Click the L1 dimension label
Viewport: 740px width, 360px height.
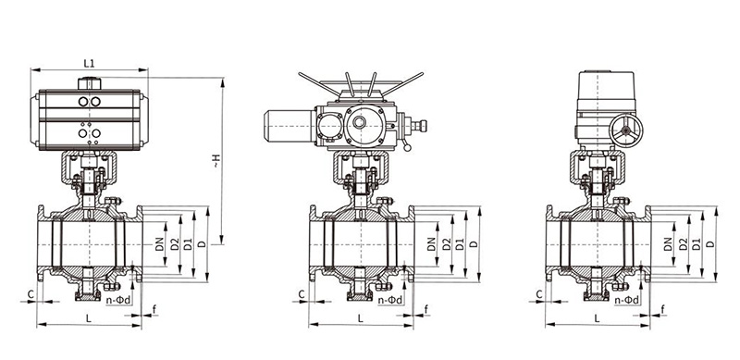tap(89, 63)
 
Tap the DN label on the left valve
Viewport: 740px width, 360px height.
tap(159, 243)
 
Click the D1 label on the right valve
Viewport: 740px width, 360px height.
tap(697, 244)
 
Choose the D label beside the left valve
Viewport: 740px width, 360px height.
tap(203, 244)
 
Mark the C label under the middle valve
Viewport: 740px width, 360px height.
tap(302, 294)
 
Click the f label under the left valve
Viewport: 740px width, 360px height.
tap(154, 309)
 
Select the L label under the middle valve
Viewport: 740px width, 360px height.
tap(361, 318)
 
